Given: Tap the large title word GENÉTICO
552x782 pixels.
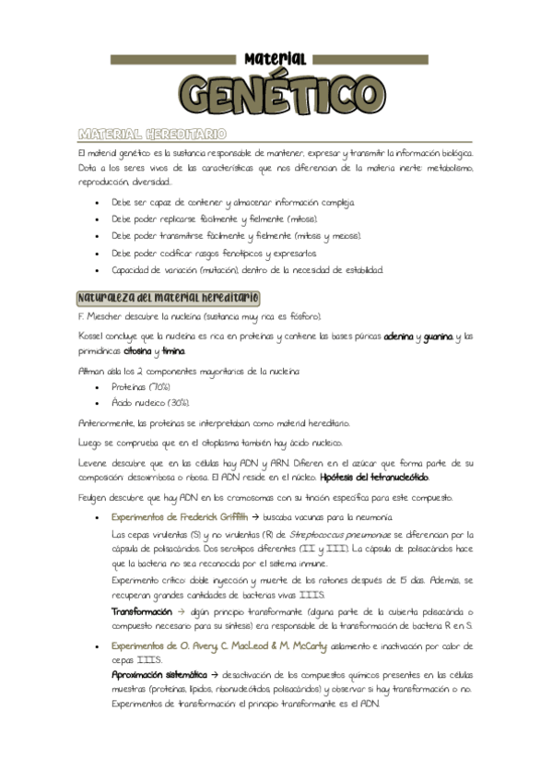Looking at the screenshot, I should click(x=276, y=94).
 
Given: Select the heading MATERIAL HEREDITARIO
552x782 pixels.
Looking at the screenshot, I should click(x=152, y=135).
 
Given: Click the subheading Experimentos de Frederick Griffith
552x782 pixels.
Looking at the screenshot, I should click(x=180, y=517).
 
